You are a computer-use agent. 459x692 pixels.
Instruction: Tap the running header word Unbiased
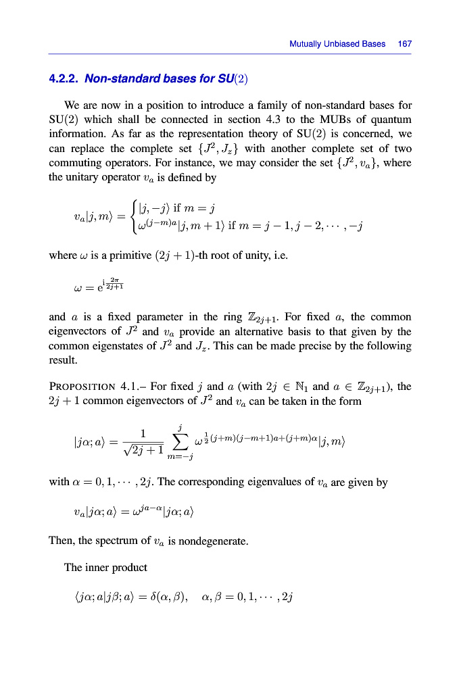339,44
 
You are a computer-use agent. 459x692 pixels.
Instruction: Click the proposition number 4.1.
128,387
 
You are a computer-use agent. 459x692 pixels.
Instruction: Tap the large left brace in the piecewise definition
135,216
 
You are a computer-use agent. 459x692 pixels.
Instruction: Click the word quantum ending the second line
392,120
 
